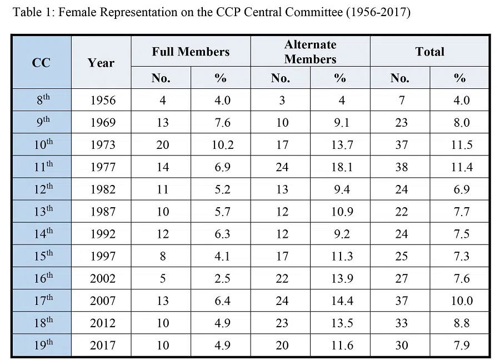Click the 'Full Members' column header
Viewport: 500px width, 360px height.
[191, 52]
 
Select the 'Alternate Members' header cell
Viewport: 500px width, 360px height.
[310, 52]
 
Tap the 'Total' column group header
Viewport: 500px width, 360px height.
[429, 52]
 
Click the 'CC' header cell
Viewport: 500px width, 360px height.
[41, 62]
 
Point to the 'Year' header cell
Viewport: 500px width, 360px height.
[101, 62]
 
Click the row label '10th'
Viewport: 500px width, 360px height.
[42, 144]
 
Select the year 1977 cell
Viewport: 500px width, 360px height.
[102, 167]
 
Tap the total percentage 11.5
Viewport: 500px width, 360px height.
[460, 144]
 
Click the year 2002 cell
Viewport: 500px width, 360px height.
[102, 278]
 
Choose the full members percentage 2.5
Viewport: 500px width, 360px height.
[221, 278]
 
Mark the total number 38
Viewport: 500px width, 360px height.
[401, 167]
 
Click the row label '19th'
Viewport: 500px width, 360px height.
[42, 345]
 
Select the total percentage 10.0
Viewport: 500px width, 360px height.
[460, 301]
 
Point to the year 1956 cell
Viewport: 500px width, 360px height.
[102, 100]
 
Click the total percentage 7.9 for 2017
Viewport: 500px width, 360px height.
[460, 345]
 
